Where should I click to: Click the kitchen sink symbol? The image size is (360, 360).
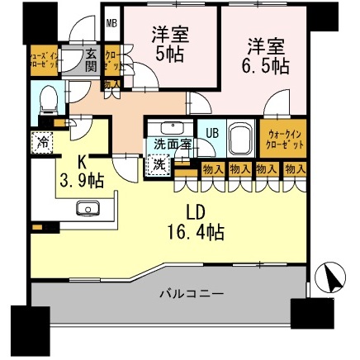[x=88, y=207]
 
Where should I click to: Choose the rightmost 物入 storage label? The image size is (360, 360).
[x=291, y=168]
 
